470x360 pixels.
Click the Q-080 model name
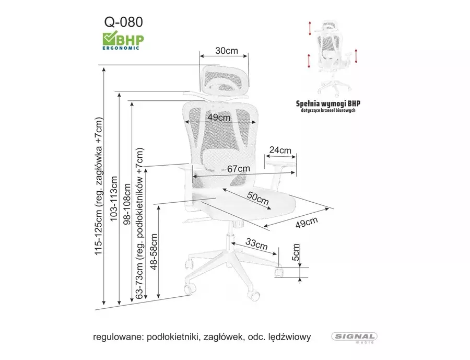click(x=123, y=22)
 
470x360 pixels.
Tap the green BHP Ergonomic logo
click(x=123, y=41)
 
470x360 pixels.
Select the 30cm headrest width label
click(x=227, y=50)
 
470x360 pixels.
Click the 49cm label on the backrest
click(x=219, y=117)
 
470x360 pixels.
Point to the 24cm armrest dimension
click(x=280, y=150)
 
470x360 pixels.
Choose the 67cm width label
click(x=239, y=169)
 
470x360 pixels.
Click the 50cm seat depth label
click(x=258, y=198)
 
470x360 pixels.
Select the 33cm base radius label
click(x=256, y=243)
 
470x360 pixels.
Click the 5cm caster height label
click(x=296, y=252)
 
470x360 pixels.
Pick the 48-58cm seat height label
click(x=154, y=252)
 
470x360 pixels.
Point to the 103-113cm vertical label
click(x=114, y=199)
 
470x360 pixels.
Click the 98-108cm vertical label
click(x=127, y=204)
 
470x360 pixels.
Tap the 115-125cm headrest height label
click(x=99, y=186)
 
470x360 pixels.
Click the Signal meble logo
click(x=354, y=338)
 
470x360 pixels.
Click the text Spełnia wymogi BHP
click(x=328, y=103)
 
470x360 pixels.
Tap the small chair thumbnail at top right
click(x=333, y=57)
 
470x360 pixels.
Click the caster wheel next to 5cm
click(x=279, y=272)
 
